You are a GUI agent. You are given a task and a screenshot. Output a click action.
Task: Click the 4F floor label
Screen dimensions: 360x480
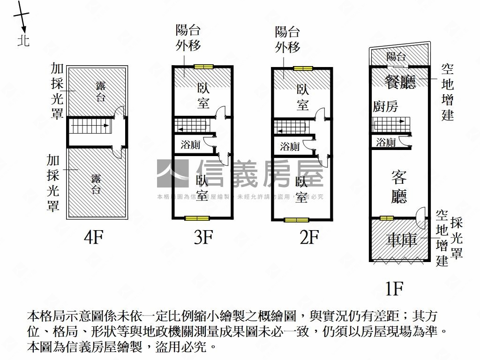tap(93, 238)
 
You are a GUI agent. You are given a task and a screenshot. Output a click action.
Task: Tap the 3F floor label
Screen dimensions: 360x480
tap(203, 238)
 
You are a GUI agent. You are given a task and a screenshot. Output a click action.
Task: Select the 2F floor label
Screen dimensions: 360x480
tap(309, 238)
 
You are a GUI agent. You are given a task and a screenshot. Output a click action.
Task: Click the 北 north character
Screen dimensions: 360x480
tap(23, 40)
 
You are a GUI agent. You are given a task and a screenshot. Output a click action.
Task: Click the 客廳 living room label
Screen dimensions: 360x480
tap(399, 187)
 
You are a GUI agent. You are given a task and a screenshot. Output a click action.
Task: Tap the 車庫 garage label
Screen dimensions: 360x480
tap(401, 240)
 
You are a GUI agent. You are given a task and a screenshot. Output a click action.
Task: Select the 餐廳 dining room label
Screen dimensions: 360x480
tap(400, 82)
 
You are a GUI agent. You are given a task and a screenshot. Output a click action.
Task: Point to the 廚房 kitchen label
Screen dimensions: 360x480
tap(385, 106)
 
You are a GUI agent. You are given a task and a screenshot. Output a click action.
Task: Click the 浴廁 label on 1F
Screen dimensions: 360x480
tap(386, 142)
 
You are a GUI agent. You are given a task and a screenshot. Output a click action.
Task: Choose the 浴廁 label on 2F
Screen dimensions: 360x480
tap(290, 146)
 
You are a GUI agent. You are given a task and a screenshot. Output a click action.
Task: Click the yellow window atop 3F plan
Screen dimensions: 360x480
tap(204, 67)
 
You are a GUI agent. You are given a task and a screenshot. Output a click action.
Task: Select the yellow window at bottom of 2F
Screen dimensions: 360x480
tap(296, 219)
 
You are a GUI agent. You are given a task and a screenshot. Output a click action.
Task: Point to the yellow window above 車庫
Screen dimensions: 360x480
tap(387, 217)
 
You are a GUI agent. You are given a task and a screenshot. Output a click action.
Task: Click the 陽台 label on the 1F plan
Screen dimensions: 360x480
tap(396, 57)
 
